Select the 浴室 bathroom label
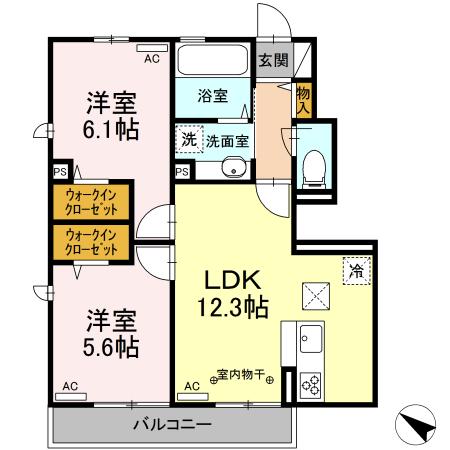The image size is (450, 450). (212, 97)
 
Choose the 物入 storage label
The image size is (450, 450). (303, 98)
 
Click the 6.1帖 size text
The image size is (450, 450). (111, 129)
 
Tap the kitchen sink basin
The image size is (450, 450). (310, 337)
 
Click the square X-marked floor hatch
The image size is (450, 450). (316, 295)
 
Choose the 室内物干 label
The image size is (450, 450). (242, 377)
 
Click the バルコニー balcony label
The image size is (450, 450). (174, 425)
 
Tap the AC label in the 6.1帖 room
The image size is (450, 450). (151, 60)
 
